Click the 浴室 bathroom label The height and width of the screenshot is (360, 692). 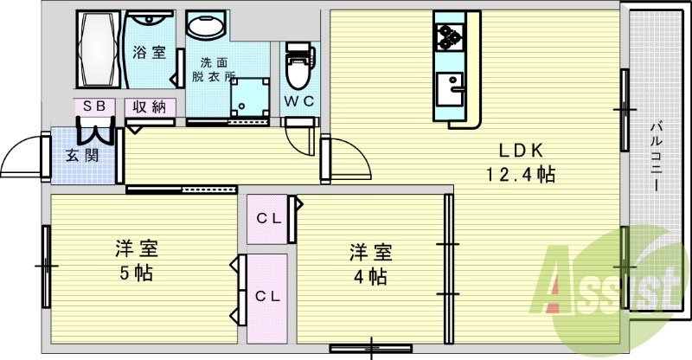[x=149, y=52]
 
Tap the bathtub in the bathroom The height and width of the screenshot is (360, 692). [x=99, y=49]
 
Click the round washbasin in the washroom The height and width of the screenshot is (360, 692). [x=206, y=28]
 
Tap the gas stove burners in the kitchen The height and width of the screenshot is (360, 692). [x=448, y=36]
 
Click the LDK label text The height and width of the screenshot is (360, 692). [x=519, y=148]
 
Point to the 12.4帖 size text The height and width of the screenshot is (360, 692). [x=519, y=174]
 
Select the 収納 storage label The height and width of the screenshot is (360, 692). [x=150, y=107]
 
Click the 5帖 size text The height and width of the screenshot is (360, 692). [x=137, y=274]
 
